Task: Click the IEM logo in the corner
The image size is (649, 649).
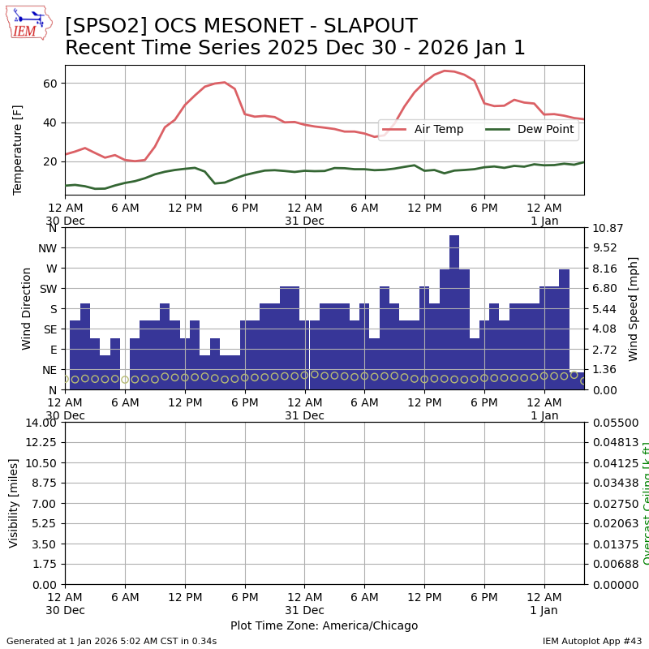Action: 28,23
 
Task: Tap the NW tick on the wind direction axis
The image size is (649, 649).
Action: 47,248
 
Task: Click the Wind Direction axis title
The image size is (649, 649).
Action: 27,308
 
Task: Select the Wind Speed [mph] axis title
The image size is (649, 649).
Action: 634,308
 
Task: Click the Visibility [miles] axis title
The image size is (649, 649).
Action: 14,503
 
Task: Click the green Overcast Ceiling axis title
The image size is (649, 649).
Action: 646,503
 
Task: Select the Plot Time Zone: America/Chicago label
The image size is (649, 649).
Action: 324,625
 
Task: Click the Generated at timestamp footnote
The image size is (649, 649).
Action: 111,641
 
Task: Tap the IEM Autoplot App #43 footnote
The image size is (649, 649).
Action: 591,641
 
